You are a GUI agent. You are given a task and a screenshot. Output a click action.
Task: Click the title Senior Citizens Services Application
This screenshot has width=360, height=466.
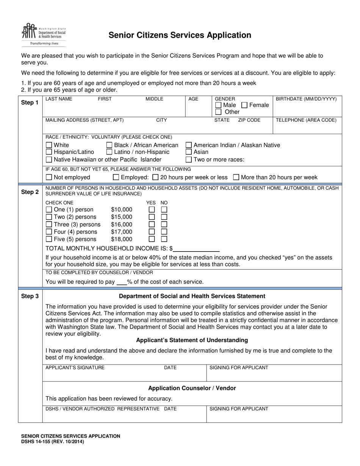tap(180, 35)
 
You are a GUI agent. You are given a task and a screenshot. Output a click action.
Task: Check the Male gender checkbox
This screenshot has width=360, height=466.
tap(218, 105)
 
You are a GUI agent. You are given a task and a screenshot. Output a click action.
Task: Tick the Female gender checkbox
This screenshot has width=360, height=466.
tap(245, 105)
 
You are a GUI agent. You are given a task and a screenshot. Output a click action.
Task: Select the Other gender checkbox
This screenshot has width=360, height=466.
tap(218, 112)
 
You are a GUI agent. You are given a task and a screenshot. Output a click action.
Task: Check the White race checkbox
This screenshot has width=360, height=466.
tap(49, 145)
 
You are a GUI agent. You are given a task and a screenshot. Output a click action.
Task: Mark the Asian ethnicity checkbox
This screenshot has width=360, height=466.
tap(189, 152)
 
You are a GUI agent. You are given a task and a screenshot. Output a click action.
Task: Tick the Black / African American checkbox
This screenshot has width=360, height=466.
tap(109, 145)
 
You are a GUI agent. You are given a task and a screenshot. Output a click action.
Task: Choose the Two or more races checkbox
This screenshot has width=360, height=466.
tap(189, 160)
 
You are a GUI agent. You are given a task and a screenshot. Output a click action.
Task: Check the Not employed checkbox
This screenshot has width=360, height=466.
tap(49, 177)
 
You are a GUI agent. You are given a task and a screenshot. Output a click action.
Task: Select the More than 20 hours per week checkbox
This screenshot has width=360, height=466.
tap(236, 177)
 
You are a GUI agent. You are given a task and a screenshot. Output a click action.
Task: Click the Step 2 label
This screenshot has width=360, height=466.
tap(30, 192)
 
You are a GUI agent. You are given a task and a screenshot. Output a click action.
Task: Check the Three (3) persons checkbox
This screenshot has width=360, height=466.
tap(49, 224)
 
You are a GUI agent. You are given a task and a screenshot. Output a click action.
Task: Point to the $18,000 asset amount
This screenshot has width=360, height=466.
tap(122, 239)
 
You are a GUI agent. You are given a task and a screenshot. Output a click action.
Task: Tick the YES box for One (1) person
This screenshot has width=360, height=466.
tap(152, 210)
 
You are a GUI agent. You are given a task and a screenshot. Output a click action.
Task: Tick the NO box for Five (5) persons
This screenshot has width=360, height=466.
tap(164, 239)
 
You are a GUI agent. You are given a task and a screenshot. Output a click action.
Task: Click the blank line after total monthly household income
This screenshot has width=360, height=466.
tap(197, 249)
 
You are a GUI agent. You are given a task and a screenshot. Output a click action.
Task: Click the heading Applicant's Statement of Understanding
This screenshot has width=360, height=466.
tap(192, 340)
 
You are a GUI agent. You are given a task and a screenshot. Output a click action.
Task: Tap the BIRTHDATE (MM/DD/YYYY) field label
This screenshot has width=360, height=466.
tap(306, 99)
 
